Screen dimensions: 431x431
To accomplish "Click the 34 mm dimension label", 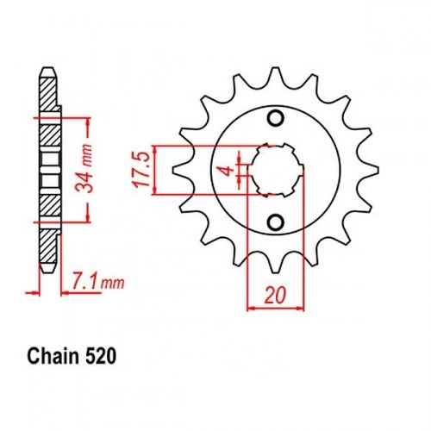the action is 84,169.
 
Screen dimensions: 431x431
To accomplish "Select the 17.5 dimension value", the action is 142,170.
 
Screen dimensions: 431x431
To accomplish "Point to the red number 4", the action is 228,170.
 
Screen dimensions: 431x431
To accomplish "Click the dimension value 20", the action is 276,296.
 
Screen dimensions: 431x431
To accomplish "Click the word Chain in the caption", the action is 53,357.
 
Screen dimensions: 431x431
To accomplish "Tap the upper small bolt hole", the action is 276,118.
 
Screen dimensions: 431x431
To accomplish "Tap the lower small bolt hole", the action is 276,222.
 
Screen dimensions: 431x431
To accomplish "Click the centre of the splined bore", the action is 276,170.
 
